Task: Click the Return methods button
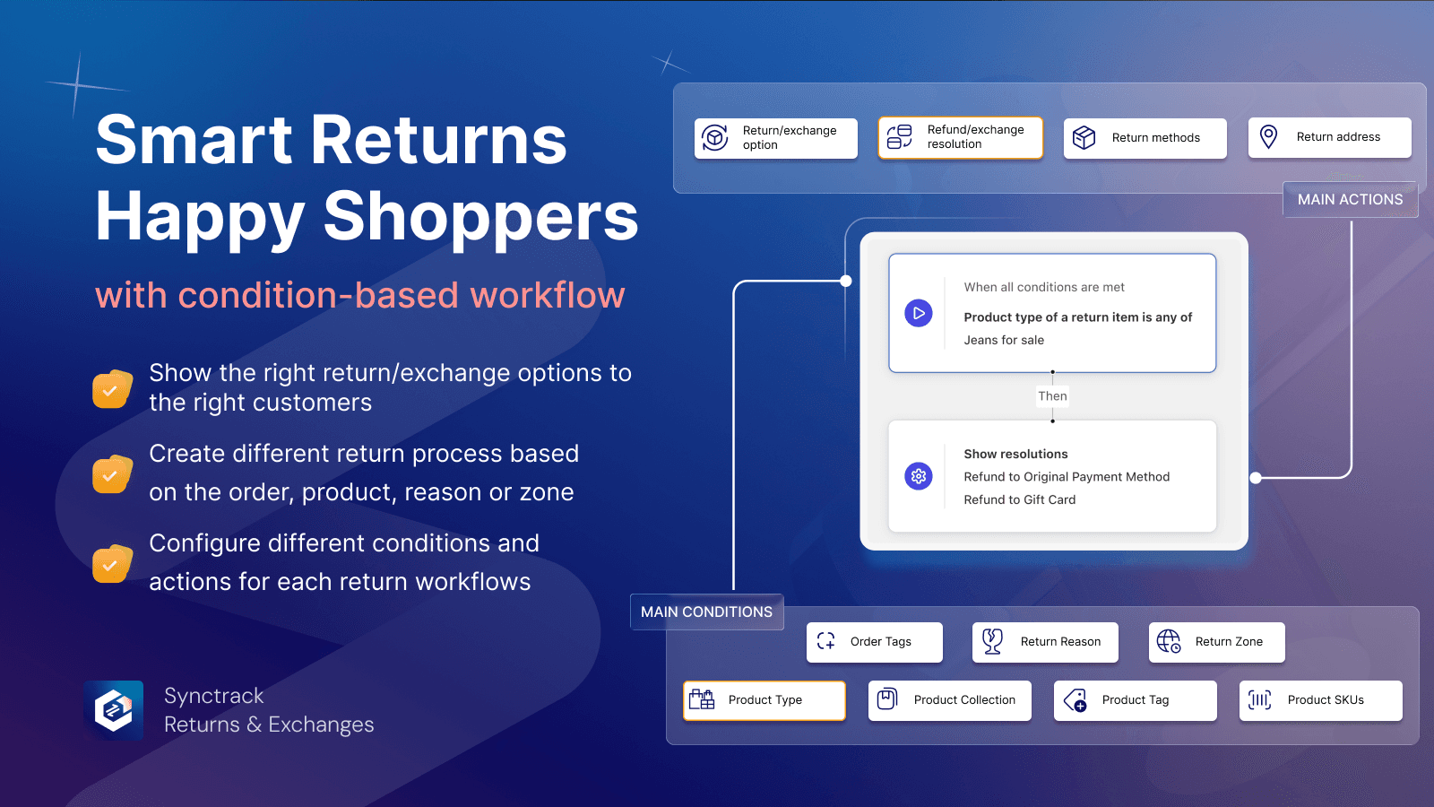coord(1145,138)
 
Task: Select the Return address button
coord(1329,137)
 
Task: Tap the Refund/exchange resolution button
coord(960,137)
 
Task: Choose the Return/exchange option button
coord(775,138)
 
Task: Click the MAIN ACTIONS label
coord(1350,199)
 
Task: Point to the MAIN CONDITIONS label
coord(706,612)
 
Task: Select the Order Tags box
coord(874,642)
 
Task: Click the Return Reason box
coord(1045,642)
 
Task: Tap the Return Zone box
coord(1216,642)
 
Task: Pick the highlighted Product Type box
coord(765,700)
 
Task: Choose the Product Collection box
coord(949,700)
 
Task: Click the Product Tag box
coord(1135,700)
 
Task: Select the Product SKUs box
coord(1320,700)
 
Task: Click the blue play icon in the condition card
coord(919,313)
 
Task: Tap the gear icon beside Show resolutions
coord(919,476)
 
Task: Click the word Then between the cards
coord(1052,396)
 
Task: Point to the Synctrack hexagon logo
coord(114,710)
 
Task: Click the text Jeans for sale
coord(1004,340)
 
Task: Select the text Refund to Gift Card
coord(1019,499)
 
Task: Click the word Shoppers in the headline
coord(480,217)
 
